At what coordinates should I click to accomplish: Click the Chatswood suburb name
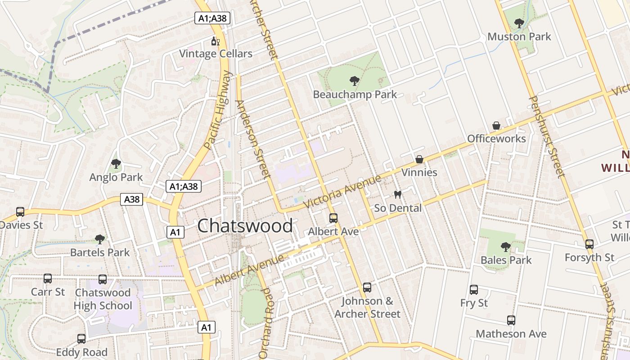[245, 225]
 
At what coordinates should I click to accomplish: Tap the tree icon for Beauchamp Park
[355, 81]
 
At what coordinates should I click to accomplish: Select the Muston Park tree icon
[519, 23]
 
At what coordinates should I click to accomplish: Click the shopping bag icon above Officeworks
[496, 125]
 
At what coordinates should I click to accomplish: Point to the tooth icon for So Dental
[397, 195]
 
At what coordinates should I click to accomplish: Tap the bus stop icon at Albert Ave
[333, 218]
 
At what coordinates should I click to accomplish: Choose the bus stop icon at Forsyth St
[589, 244]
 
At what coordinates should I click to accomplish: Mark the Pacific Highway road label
[217, 110]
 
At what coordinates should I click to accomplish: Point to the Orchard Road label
[266, 323]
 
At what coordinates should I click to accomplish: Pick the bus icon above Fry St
[474, 290]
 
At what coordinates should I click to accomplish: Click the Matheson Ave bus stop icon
[511, 320]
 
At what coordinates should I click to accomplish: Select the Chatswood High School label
[103, 299]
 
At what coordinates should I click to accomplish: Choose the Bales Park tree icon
[506, 247]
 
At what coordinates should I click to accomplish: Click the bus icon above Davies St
[20, 212]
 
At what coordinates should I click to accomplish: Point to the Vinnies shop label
[419, 172]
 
